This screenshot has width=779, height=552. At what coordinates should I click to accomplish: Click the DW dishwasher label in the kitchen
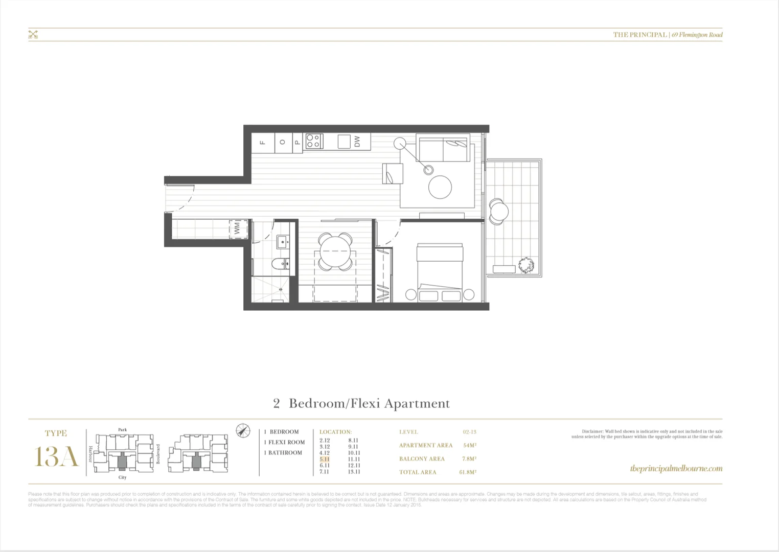pyautogui.click(x=357, y=141)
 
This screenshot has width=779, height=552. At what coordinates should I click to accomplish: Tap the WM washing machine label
pyautogui.click(x=237, y=228)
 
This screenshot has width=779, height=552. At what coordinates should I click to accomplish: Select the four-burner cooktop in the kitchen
pyautogui.click(x=313, y=141)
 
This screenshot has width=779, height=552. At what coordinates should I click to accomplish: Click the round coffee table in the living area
pyautogui.click(x=440, y=187)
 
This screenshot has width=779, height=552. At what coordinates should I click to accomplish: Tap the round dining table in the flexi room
pyautogui.click(x=335, y=251)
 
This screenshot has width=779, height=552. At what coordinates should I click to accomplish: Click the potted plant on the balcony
pyautogui.click(x=525, y=266)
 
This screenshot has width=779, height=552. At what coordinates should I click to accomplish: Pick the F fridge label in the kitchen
pyautogui.click(x=263, y=142)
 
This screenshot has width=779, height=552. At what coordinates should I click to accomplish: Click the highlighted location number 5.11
pyautogui.click(x=325, y=459)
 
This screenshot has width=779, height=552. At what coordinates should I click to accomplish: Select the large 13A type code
pyautogui.click(x=56, y=456)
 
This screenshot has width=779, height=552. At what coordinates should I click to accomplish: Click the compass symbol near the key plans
pyautogui.click(x=243, y=430)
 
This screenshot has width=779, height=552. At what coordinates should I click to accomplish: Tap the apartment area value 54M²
pyautogui.click(x=470, y=445)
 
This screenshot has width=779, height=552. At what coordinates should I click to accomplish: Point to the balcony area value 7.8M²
pyautogui.click(x=469, y=458)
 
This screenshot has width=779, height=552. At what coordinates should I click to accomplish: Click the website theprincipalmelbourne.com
pyautogui.click(x=676, y=468)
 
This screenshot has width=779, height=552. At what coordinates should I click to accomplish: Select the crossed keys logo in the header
pyautogui.click(x=33, y=35)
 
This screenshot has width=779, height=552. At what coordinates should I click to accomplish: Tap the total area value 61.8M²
pyautogui.click(x=468, y=472)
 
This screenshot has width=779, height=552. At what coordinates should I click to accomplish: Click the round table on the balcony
pyautogui.click(x=498, y=211)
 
